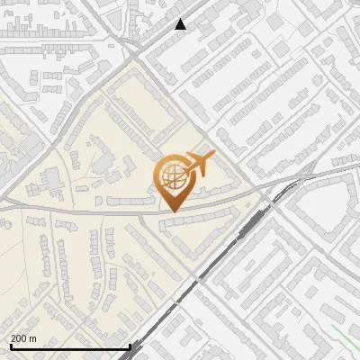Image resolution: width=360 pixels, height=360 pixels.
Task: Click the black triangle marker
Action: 181,24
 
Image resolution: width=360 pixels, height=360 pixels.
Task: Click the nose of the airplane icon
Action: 212,156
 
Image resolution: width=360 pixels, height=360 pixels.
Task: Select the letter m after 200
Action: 33,338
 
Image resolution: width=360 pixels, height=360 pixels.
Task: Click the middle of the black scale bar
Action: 70,346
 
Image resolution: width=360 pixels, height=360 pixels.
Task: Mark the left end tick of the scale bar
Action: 11,346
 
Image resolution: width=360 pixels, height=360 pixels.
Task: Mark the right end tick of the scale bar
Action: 130,346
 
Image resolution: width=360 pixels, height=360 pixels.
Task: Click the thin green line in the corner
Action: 346,337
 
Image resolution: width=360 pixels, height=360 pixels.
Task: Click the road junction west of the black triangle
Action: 134,45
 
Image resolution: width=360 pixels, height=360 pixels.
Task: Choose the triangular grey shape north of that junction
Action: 139,22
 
